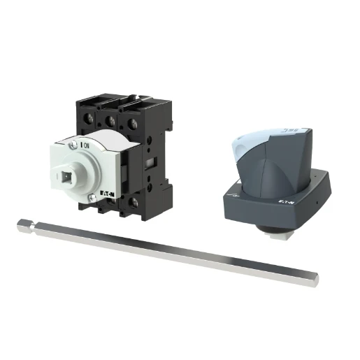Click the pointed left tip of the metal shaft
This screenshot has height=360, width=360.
pyautogui.click(x=20, y=224)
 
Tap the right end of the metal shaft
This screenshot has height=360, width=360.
pyautogui.click(x=315, y=280)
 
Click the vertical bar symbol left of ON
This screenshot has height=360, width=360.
pyautogui.click(x=83, y=145)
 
